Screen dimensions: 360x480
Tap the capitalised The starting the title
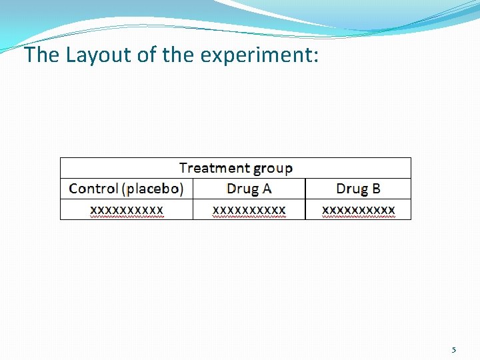click(42, 55)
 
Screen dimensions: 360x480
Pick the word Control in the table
click(93, 189)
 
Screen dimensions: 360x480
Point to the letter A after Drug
click(267, 189)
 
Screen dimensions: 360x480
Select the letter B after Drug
click(376, 189)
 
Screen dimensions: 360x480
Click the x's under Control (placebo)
click(127, 211)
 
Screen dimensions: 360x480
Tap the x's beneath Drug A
click(249, 211)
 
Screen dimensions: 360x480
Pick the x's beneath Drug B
click(359, 211)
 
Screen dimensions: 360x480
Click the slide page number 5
click(454, 350)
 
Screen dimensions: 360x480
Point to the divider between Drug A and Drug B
click(305, 199)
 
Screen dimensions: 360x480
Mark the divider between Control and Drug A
click(193, 199)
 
